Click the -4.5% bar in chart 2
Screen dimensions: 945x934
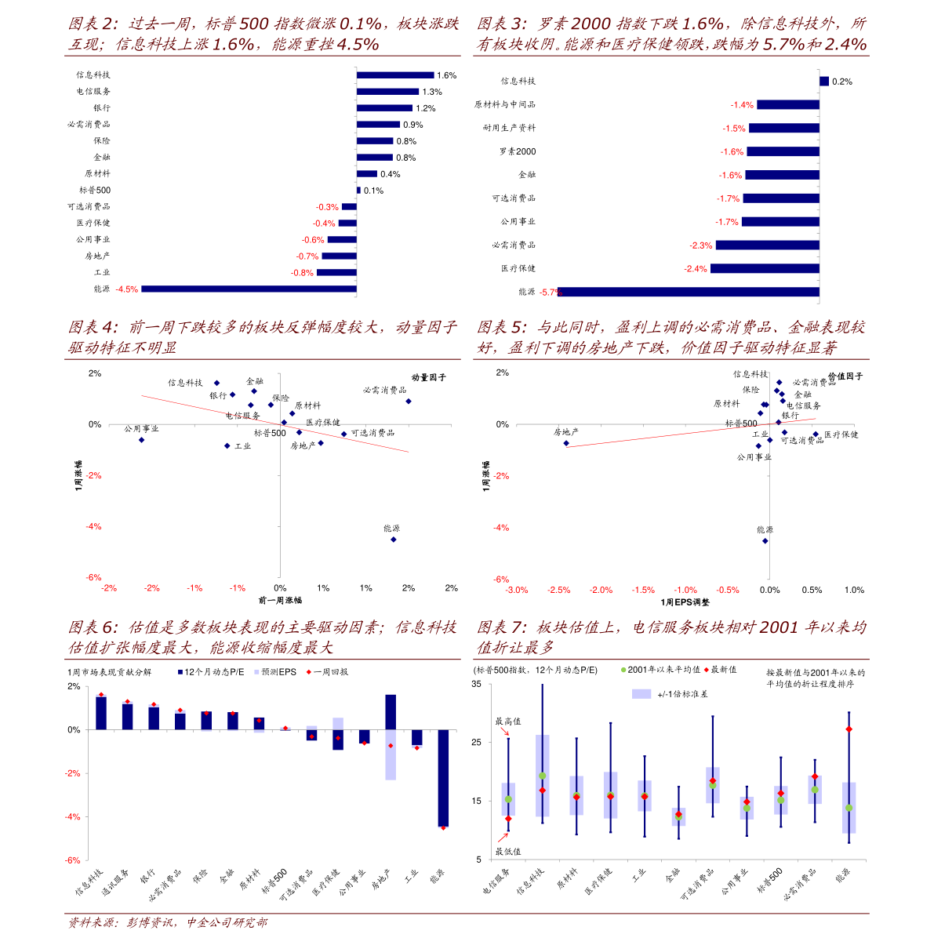point(249,289)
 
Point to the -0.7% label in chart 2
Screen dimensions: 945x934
point(307,256)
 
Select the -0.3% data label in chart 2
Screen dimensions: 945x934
point(327,207)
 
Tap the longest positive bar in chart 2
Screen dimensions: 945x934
point(395,75)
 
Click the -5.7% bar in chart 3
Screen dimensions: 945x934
point(688,293)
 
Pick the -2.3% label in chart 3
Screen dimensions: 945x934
point(700,245)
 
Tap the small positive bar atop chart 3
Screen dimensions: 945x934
point(824,81)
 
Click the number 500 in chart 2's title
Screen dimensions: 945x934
point(255,24)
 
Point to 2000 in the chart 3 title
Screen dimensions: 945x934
point(591,24)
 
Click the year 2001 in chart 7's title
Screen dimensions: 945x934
point(779,627)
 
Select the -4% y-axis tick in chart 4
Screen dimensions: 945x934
point(93,527)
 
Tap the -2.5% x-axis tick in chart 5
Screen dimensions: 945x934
point(558,590)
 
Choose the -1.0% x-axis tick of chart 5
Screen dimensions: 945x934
point(685,590)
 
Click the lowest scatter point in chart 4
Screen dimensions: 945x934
point(394,540)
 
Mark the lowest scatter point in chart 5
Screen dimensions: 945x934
point(765,540)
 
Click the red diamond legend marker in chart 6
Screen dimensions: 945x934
point(309,672)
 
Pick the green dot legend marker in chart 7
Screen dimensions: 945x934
point(624,670)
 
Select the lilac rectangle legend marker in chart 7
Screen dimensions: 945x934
point(641,693)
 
